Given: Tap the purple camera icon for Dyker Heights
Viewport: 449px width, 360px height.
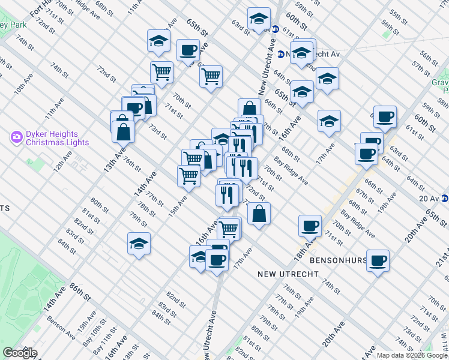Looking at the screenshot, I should (16, 138).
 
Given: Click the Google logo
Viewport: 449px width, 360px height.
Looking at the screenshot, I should (20, 353).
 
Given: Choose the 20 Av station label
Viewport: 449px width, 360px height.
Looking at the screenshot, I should (429, 198).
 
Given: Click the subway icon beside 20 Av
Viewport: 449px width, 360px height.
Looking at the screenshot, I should (445, 198).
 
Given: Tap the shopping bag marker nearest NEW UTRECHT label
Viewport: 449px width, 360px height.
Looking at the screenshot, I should (258, 214).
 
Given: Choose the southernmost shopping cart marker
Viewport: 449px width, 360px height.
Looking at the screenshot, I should (229, 228).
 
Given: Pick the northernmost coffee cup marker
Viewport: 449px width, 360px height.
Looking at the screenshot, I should (188, 50).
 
